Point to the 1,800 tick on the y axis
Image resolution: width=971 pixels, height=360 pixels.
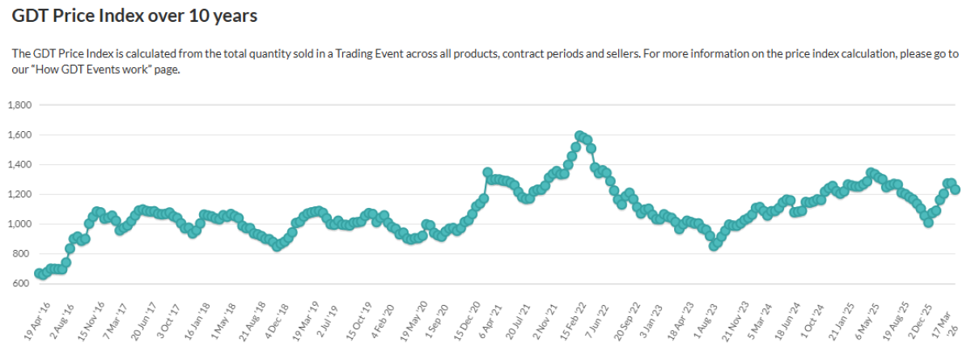(19, 105)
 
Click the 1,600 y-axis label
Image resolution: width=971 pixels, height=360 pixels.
(19, 135)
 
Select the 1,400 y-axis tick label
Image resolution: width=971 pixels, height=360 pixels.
(19, 165)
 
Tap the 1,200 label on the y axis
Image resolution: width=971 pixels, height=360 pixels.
(19, 195)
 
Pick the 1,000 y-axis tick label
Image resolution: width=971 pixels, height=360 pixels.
(19, 224)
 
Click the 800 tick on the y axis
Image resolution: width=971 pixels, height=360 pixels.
(22, 254)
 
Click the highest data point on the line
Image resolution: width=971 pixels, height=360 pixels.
(579, 136)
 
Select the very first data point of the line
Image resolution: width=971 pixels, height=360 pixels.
(39, 273)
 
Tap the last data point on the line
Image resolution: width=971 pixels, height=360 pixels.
(955, 189)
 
